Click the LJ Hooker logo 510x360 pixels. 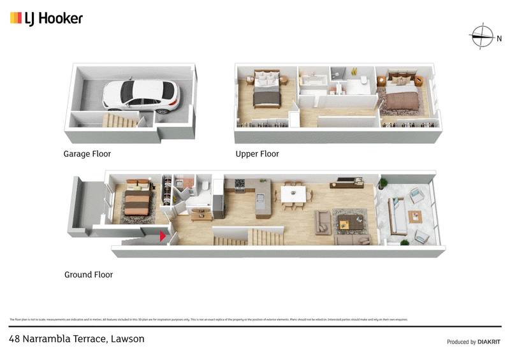click(x=47, y=18)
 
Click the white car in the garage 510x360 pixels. click(x=141, y=95)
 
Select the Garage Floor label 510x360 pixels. click(x=87, y=154)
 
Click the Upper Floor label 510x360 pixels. click(x=258, y=154)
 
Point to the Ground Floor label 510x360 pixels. click(x=89, y=275)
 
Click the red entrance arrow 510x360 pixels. click(x=163, y=236)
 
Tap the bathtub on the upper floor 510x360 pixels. click(x=313, y=83)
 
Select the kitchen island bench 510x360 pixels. click(x=261, y=198)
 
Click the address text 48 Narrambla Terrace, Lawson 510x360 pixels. click(x=76, y=339)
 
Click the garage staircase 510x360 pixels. click(x=120, y=120)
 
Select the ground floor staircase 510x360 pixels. click(x=249, y=237)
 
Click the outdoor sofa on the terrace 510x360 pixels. click(x=398, y=219)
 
